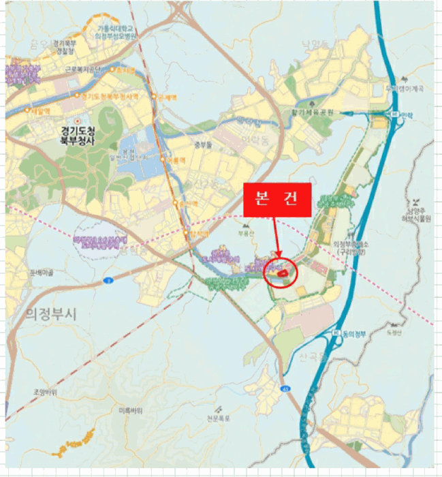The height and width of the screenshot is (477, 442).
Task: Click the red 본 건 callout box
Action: pos(277,200)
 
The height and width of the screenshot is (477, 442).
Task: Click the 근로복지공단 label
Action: pos(83,69)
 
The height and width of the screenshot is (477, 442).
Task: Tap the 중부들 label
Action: pos(204,144)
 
